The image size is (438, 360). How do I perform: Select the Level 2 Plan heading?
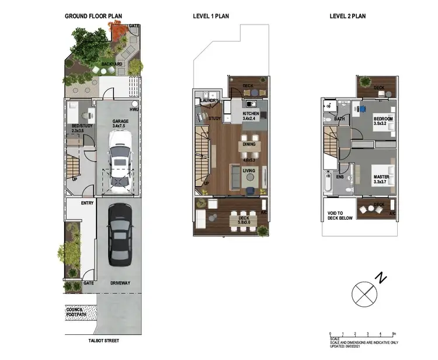pos(349,16)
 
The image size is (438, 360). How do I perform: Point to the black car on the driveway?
pos(120,231)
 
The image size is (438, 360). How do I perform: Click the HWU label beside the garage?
pos(134,110)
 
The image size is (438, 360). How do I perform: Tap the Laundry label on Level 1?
pos(208,101)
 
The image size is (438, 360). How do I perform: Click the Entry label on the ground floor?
pos(88,203)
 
